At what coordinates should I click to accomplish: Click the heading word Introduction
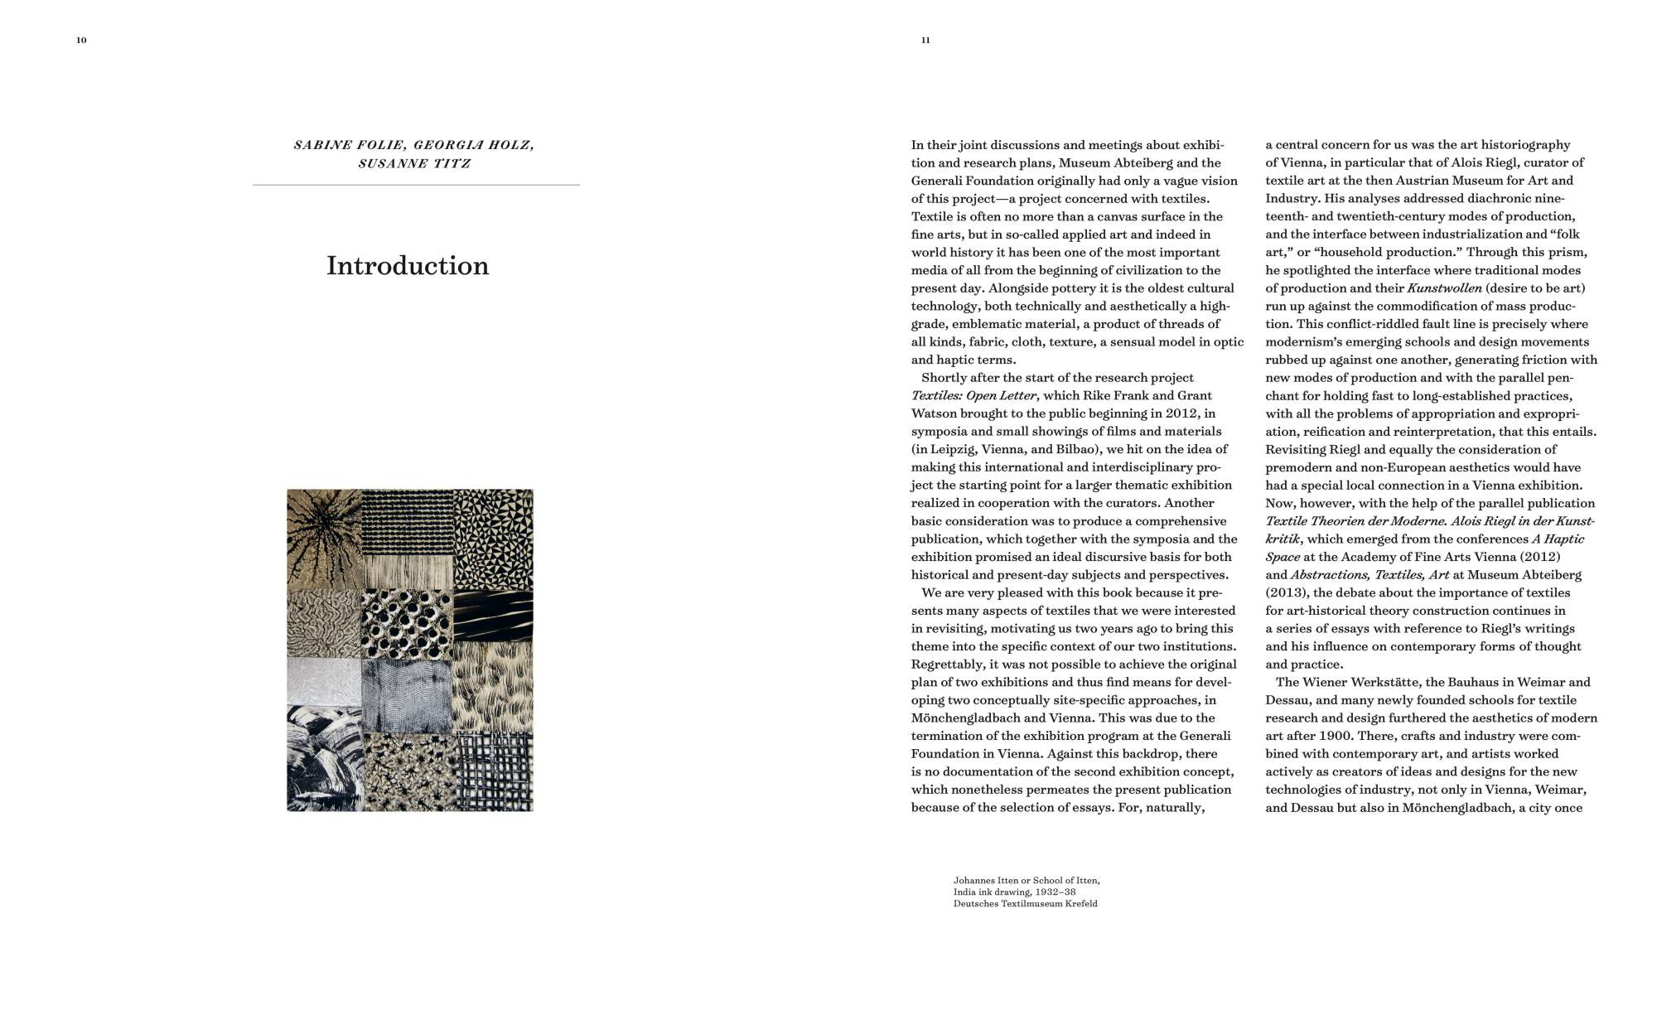(x=408, y=266)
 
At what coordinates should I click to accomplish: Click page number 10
(x=81, y=40)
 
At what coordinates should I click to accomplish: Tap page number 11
(x=925, y=40)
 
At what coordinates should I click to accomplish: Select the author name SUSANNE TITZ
(x=414, y=163)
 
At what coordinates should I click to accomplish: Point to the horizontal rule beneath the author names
(x=416, y=185)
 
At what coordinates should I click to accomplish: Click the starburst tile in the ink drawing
(x=324, y=538)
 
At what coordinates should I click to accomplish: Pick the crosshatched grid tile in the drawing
(x=494, y=771)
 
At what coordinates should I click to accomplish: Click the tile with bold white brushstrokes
(x=324, y=758)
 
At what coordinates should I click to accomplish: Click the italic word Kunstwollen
(x=1444, y=288)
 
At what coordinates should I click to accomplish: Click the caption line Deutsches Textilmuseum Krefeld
(x=1025, y=903)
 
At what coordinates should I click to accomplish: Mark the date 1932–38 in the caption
(x=1057, y=892)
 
